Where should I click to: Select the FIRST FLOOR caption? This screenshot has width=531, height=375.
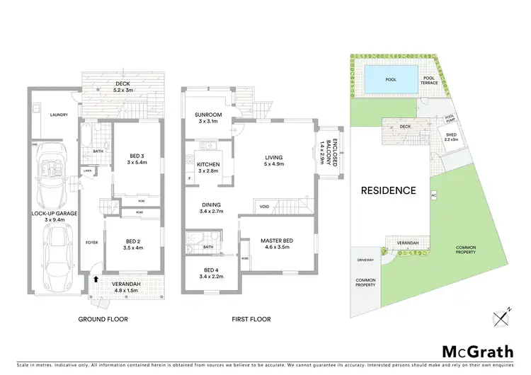tap(251, 319)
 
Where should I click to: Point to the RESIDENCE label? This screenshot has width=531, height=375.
tap(388, 190)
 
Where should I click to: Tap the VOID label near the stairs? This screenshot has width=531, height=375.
tap(265, 206)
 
